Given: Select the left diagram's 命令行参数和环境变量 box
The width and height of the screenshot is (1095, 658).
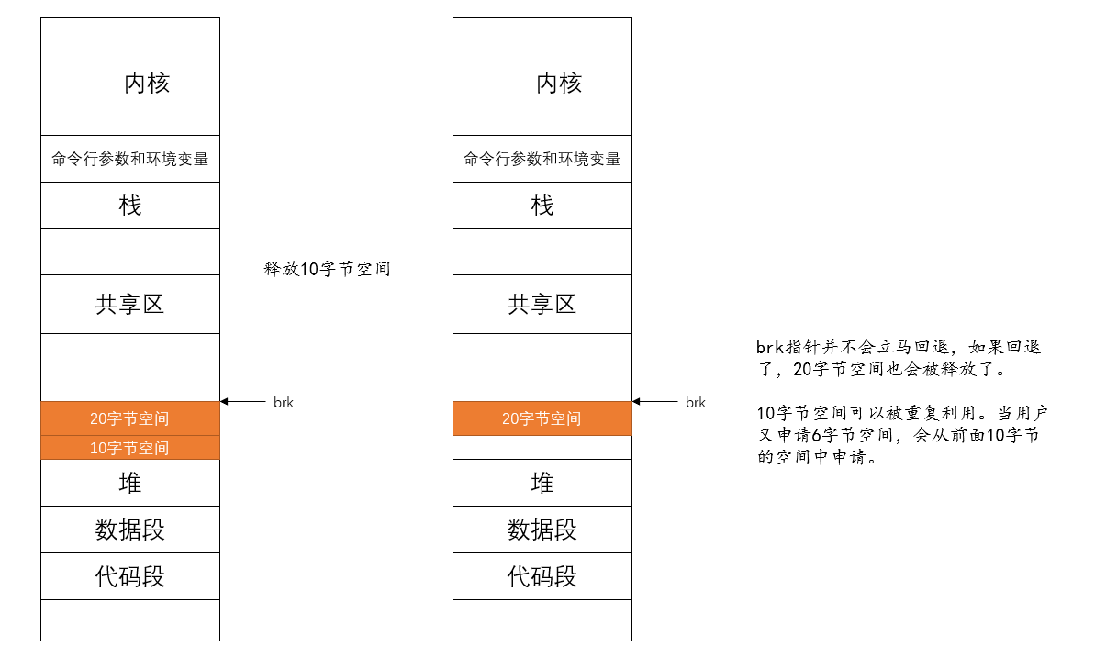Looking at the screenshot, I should pyautogui.click(x=130, y=159).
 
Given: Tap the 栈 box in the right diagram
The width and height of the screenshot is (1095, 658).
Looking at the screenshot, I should pyautogui.click(x=542, y=205).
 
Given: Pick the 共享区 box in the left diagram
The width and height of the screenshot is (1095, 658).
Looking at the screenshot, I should pyautogui.click(x=130, y=304).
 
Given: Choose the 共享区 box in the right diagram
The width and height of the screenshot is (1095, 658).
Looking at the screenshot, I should pyautogui.click(x=542, y=304).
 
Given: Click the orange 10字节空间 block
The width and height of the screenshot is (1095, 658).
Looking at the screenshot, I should pyautogui.click(x=130, y=448).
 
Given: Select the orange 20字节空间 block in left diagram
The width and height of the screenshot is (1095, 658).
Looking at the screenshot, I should pyautogui.click(x=130, y=418).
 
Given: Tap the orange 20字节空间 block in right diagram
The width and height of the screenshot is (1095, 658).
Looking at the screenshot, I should pyautogui.click(x=542, y=418).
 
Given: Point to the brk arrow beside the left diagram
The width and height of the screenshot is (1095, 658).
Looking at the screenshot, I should pyautogui.click(x=242, y=401).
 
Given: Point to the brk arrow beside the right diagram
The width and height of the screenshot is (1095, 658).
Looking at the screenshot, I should pyautogui.click(x=654, y=401).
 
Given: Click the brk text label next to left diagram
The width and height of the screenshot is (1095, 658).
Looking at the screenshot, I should pyautogui.click(x=284, y=402).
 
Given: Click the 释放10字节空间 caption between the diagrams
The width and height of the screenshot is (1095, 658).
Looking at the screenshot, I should pyautogui.click(x=327, y=270).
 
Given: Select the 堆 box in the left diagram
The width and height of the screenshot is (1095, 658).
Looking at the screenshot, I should pyautogui.click(x=130, y=483).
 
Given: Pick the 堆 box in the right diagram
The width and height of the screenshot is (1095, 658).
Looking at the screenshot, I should pyautogui.click(x=542, y=483).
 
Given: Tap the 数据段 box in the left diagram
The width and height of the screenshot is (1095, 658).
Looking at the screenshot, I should pyautogui.click(x=130, y=530).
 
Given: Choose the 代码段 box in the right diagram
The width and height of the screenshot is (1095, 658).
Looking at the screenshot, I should pyautogui.click(x=542, y=576).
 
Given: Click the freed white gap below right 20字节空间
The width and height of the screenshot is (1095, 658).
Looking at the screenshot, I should pyautogui.click(x=542, y=447).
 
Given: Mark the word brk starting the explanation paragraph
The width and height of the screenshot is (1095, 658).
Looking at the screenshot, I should pyautogui.click(x=768, y=349).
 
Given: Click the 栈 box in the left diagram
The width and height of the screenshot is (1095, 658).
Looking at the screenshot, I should pyautogui.click(x=130, y=205).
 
